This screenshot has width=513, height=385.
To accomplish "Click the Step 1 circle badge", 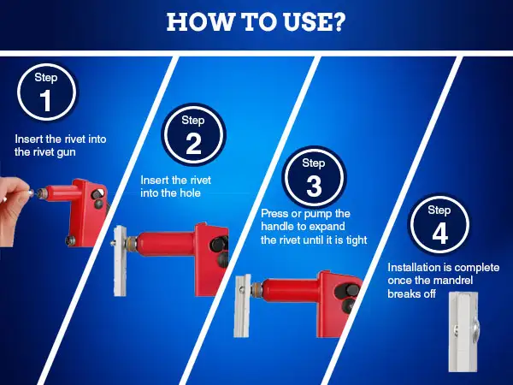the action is (x=46, y=92).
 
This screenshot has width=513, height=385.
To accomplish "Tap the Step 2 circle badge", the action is (x=193, y=135).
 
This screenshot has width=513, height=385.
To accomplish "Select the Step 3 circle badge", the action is (x=314, y=178).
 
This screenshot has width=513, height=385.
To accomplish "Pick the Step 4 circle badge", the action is (x=439, y=225).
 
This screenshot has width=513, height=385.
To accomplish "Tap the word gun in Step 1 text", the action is (x=66, y=152).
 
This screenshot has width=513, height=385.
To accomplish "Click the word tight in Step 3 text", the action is (x=357, y=240).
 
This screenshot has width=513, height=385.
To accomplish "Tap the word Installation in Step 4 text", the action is (x=413, y=268).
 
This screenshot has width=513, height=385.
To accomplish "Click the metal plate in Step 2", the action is (x=120, y=261).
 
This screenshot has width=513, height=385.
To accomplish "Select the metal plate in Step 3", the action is (x=242, y=305).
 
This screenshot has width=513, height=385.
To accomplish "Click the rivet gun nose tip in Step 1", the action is (x=40, y=193).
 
